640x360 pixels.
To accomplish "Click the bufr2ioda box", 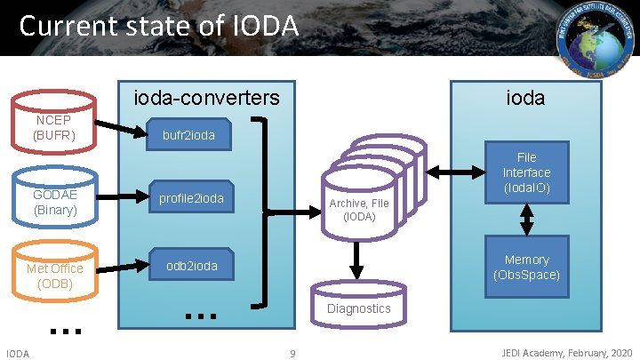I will (x=188, y=136).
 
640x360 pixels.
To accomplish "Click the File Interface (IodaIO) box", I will (x=526, y=172).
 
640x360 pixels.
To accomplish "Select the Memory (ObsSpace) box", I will (x=526, y=267).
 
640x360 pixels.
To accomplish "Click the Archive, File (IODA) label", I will (x=358, y=209).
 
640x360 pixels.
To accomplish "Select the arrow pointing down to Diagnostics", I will (x=357, y=260).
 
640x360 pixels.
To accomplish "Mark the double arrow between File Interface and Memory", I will (x=526, y=218).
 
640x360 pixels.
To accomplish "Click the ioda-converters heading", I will (x=205, y=97).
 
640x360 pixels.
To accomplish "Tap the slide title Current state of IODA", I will (x=158, y=26).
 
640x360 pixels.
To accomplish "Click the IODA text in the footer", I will (x=18, y=354).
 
